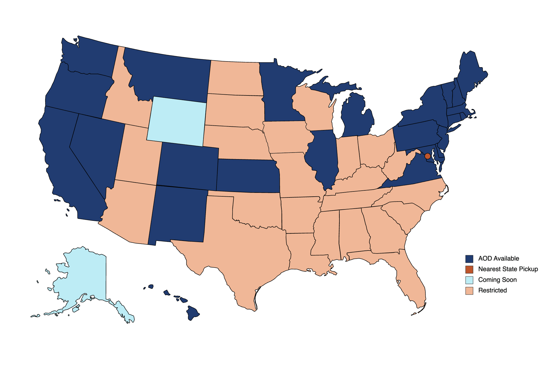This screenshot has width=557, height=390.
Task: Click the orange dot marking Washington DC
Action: [427, 156]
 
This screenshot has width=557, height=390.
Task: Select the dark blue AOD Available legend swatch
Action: [469, 259]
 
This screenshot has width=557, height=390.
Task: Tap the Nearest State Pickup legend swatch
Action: [469, 269]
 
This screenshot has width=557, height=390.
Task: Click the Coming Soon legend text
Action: [497, 280]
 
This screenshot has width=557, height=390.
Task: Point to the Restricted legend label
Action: [492, 290]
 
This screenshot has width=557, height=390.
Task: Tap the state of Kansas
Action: [247, 175]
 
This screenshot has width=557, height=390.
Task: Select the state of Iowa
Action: [287, 137]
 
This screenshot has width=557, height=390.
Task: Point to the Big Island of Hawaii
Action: [193, 313]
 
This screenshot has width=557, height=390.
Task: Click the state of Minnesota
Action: [280, 92]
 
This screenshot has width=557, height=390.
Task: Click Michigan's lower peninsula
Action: [356, 117]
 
